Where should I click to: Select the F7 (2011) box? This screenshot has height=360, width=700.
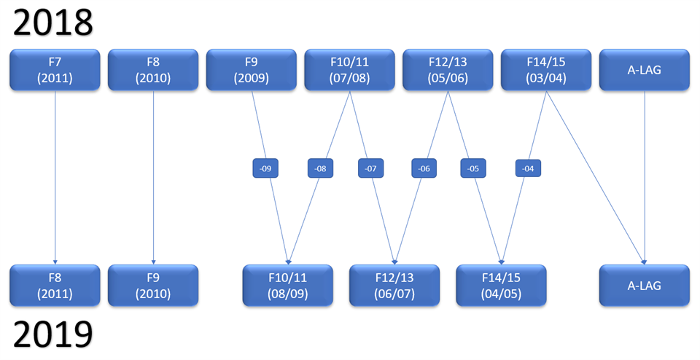55,70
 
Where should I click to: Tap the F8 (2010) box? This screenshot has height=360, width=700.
153,70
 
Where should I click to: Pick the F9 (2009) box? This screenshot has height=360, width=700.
252,70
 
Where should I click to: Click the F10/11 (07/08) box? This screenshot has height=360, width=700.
349,70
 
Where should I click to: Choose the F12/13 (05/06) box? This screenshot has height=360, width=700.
448,70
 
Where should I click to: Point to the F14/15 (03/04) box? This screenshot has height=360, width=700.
545,70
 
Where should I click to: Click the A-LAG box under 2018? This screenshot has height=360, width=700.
644,70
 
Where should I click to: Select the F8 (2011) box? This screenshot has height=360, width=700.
55,286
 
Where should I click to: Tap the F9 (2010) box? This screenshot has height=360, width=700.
153,286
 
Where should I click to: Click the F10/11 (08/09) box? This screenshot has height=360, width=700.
287,286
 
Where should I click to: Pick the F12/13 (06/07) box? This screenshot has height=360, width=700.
394,286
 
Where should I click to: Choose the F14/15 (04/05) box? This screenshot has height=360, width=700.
501,286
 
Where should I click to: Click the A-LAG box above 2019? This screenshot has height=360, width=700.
644,286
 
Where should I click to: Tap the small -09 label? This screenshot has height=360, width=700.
265,168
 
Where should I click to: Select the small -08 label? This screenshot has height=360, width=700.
319,168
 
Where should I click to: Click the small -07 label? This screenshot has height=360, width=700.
370,168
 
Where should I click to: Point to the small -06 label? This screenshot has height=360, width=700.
424,168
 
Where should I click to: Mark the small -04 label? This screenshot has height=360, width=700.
528,168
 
